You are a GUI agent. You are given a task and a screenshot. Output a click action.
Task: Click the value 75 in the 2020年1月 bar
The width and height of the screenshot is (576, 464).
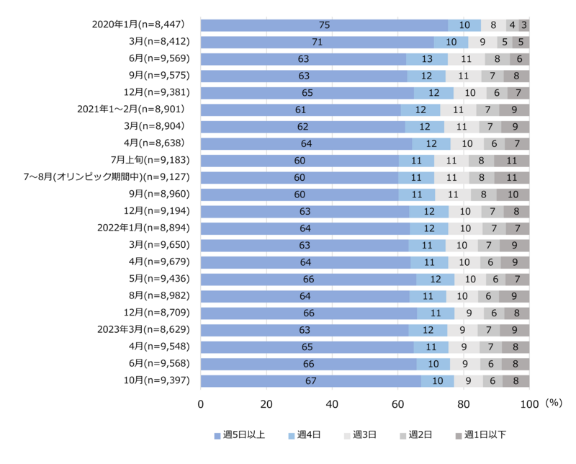click(x=324, y=25)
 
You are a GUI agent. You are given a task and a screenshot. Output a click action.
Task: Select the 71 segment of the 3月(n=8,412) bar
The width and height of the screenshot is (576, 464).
click(x=317, y=42)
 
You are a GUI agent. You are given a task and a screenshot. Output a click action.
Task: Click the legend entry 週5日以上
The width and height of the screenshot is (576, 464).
click(x=240, y=434)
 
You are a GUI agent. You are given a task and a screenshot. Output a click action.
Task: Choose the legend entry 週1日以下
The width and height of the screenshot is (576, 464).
click(x=480, y=434)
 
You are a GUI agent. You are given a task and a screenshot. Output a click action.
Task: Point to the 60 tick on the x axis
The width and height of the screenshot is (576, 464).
click(x=398, y=403)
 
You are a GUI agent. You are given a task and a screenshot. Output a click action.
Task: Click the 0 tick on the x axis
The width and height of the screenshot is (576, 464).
click(x=201, y=403)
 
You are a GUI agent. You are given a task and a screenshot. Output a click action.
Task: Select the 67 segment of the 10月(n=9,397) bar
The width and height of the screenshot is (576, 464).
click(x=311, y=381)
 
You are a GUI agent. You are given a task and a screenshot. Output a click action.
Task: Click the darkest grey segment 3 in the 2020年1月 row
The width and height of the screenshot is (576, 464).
click(x=524, y=25)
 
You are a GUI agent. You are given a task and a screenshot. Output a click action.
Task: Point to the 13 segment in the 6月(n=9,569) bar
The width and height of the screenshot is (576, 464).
click(x=426, y=59)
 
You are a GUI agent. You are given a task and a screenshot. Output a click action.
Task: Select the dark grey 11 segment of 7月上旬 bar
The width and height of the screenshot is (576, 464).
click(x=511, y=161)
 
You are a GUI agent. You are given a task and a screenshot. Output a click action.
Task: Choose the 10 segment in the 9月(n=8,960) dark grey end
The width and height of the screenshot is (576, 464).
click(x=513, y=195)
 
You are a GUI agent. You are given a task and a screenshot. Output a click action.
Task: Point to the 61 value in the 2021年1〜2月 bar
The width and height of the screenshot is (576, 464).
click(x=301, y=110)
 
